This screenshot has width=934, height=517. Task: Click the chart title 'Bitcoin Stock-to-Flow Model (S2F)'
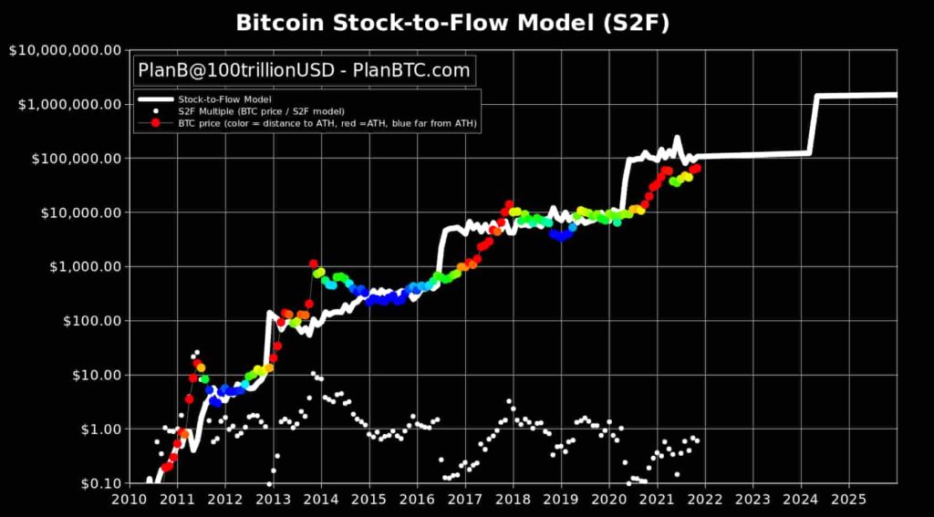[x=452, y=23]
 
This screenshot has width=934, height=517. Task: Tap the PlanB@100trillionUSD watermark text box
[x=304, y=69]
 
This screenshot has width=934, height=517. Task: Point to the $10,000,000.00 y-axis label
[x=65, y=50]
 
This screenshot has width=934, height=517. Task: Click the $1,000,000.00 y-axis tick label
[x=68, y=104]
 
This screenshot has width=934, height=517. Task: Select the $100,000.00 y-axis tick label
[x=73, y=159]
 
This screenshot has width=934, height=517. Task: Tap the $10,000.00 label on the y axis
[x=78, y=212]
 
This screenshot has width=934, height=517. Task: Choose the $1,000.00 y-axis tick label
[x=81, y=266]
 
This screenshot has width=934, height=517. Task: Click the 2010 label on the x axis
[x=129, y=500]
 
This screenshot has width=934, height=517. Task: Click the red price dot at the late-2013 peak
[x=313, y=264]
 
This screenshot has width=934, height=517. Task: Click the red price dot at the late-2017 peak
[x=509, y=205]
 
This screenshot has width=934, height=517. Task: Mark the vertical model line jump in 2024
[x=813, y=123]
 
